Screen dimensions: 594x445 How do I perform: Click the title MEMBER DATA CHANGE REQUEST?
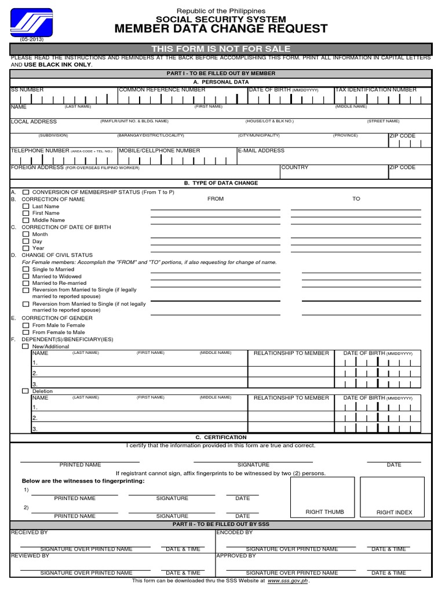(221, 29)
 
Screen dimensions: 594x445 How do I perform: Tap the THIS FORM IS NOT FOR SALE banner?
(221, 49)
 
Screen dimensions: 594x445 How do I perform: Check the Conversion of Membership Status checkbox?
(25, 192)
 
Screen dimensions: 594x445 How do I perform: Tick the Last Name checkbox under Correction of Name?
(25, 206)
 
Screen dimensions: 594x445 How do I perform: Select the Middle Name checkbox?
(25, 220)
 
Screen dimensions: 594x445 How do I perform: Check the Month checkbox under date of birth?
(25, 234)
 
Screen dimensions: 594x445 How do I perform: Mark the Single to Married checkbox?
(25, 269)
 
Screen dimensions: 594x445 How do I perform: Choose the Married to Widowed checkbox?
(25, 277)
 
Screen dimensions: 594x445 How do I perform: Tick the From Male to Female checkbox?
(25, 325)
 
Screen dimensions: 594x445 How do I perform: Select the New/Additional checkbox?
(25, 346)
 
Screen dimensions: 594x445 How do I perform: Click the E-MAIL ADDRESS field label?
(261, 151)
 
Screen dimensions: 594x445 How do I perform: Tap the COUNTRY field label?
(295, 168)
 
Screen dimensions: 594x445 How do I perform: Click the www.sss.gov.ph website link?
(288, 580)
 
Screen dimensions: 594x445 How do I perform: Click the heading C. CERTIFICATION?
(221, 437)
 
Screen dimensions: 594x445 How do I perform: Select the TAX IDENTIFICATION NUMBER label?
(375, 90)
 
